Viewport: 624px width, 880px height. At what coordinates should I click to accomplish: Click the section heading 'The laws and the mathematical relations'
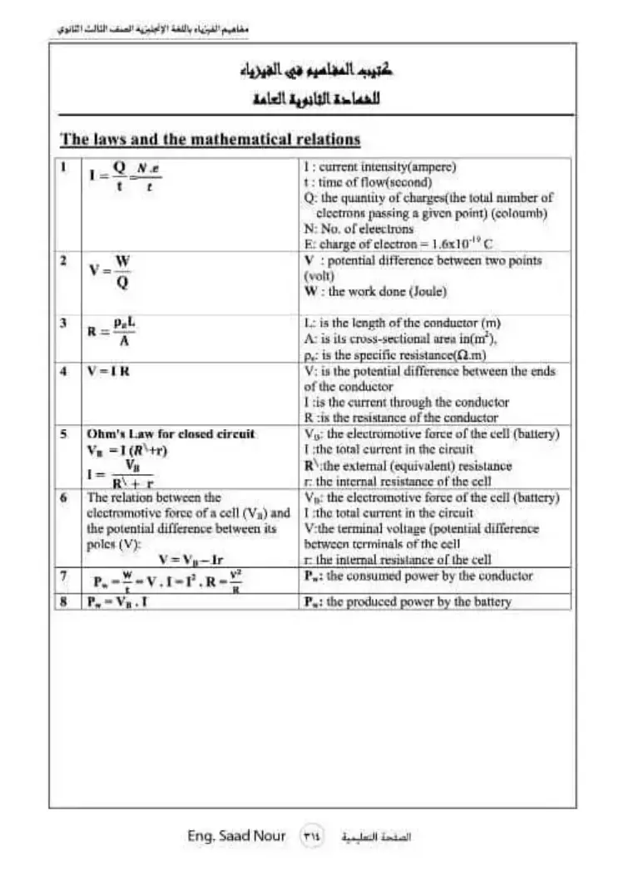[x=210, y=140]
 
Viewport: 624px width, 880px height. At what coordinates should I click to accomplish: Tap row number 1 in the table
[x=63, y=167]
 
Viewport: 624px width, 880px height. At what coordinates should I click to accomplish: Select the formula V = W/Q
[x=110, y=272]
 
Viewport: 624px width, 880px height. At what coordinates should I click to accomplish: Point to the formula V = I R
[x=108, y=372]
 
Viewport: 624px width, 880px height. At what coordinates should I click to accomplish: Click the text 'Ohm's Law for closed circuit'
[x=171, y=434]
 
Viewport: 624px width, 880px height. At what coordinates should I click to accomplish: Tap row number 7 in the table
[x=63, y=576]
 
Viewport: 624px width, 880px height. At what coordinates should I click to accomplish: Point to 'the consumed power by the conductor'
[x=419, y=576]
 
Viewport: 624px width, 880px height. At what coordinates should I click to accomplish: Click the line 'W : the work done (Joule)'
[x=376, y=292]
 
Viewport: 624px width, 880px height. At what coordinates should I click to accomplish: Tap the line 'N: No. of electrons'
[x=359, y=228]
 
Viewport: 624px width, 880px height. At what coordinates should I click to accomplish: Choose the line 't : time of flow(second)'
[x=368, y=182]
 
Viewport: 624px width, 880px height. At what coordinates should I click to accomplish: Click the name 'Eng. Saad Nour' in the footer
[x=236, y=836]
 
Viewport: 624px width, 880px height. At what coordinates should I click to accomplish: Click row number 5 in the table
[x=63, y=434]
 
